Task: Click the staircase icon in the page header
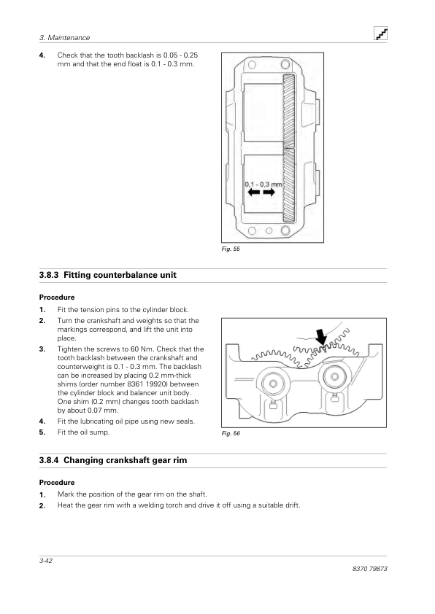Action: [x=380, y=34]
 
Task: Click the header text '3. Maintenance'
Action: [x=65, y=38]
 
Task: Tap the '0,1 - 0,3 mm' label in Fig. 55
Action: [x=263, y=184]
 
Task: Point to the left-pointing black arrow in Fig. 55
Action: [x=254, y=193]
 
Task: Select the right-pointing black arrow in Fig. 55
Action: [x=269, y=193]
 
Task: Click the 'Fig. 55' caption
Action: [x=231, y=249]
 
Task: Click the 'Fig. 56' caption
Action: [x=231, y=433]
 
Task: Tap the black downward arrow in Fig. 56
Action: [x=321, y=337]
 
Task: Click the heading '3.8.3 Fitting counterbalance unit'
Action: [x=108, y=275]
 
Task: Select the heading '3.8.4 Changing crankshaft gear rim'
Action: [x=113, y=460]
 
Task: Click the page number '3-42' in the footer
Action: [x=46, y=561]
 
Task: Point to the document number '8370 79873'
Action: [x=369, y=569]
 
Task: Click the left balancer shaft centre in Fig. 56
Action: [x=273, y=384]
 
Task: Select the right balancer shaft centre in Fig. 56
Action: [x=334, y=377]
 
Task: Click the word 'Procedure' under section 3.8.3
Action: [x=57, y=298]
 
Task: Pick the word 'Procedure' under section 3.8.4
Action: [x=57, y=483]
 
